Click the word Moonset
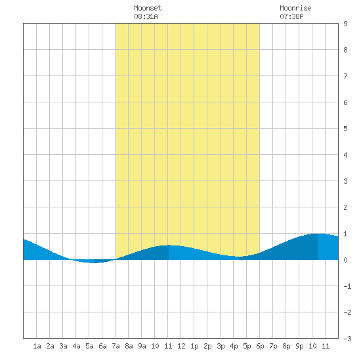pyautogui.click(x=148, y=8)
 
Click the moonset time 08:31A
pyautogui.click(x=146, y=16)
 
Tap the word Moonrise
pyautogui.click(x=295, y=8)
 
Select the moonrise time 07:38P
pyautogui.click(x=291, y=16)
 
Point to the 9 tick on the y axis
pyautogui.click(x=345, y=24)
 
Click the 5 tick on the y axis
pyautogui.click(x=345, y=129)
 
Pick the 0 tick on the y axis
pyautogui.click(x=345, y=260)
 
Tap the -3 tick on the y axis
pyautogui.click(x=347, y=339)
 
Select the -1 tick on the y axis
pyautogui.click(x=347, y=286)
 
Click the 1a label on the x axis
pyautogui.click(x=37, y=346)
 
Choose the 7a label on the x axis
pyautogui.click(x=116, y=346)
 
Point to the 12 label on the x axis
pyautogui.click(x=181, y=346)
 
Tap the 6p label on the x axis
pyautogui.click(x=260, y=346)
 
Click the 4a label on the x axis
pyautogui.click(x=76, y=346)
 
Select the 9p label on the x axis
pyautogui.click(x=299, y=346)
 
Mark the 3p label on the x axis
pyautogui.click(x=221, y=346)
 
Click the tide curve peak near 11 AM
pyautogui.click(x=169, y=245)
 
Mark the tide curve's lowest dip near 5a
pyautogui.click(x=95, y=263)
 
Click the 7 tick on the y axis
pyautogui.click(x=345, y=76)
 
